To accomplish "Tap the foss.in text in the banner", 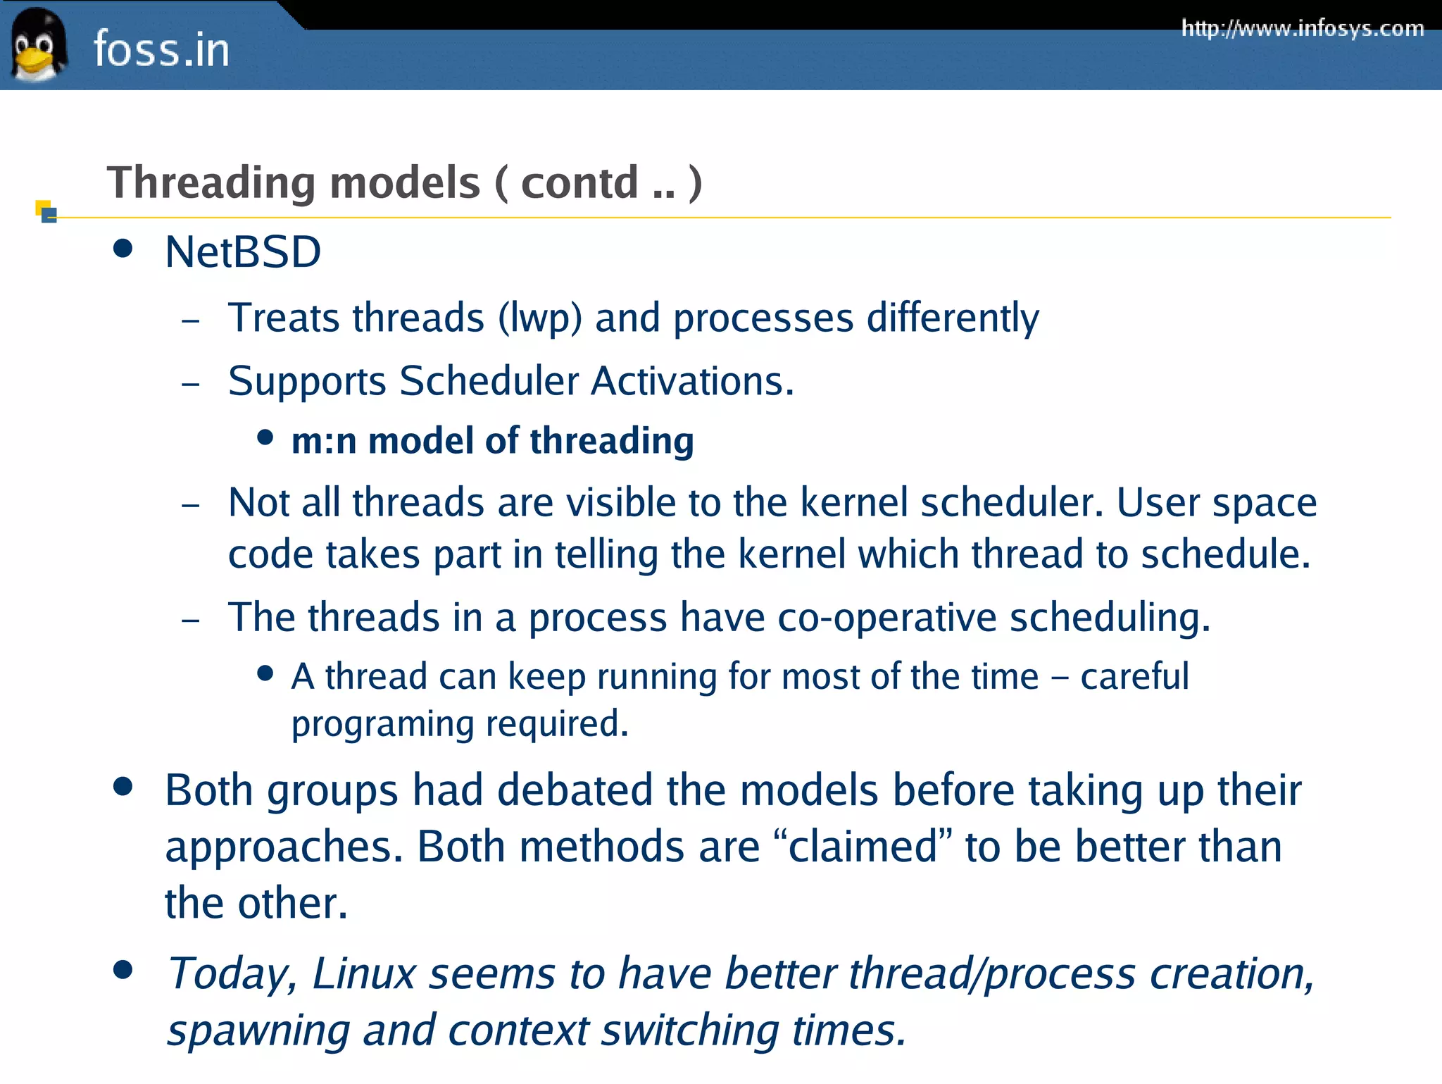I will pos(161,50).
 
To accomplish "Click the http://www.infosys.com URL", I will pos(1303,28).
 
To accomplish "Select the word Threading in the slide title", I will pos(211,183).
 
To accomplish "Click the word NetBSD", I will pos(243,252).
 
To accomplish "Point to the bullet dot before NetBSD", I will pos(123,249).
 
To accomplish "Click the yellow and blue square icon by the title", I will pos(46,211).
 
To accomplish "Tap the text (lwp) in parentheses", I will pos(540,318).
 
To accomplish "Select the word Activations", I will pos(692,381).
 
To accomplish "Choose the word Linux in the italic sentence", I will pos(364,973).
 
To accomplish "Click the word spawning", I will pos(258,1030).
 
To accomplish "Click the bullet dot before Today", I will pos(123,970).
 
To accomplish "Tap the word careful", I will pos(1134,677).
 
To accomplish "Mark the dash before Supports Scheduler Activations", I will pos(191,385).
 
